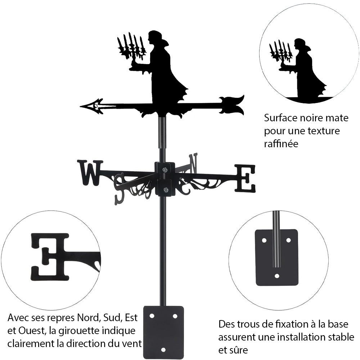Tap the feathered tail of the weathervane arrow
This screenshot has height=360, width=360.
pyautogui.click(x=232, y=104)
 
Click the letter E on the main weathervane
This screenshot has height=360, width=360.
pyautogui.click(x=245, y=178)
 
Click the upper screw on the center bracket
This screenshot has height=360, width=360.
pyautogui.click(x=165, y=170)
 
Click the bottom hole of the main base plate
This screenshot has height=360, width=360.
pyautogui.click(x=163, y=349)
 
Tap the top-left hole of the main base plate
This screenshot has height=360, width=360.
pyautogui.click(x=152, y=316)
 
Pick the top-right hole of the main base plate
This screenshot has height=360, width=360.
pyautogui.click(x=175, y=316)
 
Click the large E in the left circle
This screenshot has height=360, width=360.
pyautogui.click(x=50, y=256)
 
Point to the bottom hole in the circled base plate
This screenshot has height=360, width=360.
pyautogui.click(x=276, y=276)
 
